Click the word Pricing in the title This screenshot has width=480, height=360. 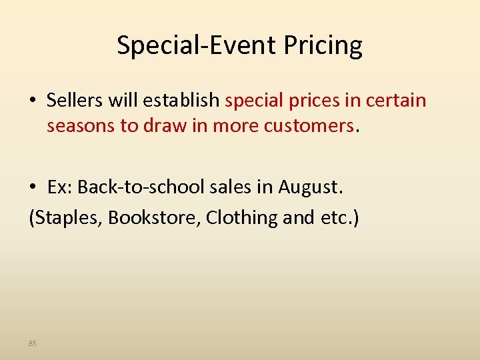pos(323,46)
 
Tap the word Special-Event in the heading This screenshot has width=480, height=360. pos(197,46)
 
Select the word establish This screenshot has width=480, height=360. pos(181,101)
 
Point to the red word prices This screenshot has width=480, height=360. pos(315,101)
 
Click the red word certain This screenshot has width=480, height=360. pos(394,101)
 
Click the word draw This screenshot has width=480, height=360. pos(163,125)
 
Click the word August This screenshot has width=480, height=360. pos(310,188)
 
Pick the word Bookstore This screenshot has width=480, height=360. pos(154,217)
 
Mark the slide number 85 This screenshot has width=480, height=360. pos(32,343)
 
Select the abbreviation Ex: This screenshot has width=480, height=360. pos(59,188)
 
